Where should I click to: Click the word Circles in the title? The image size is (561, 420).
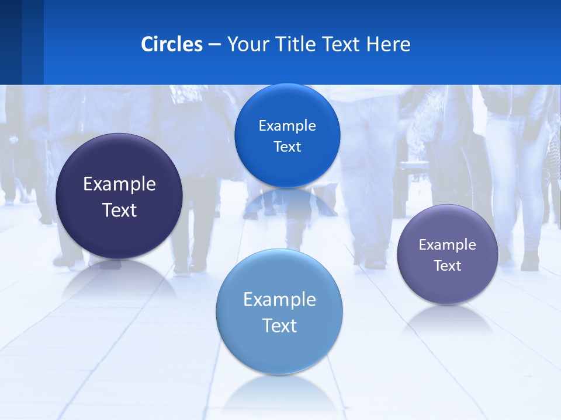[x=171, y=44]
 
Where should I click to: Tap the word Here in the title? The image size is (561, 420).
[x=388, y=44]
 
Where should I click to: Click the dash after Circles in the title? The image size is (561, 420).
[x=214, y=45]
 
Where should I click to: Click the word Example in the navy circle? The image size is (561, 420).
[x=119, y=184]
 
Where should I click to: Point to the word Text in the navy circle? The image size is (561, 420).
[x=119, y=210]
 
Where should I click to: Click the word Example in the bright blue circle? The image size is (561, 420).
[x=287, y=126]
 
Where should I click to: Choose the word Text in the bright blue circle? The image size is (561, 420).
[x=287, y=147]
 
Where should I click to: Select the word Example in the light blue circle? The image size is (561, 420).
[x=279, y=300]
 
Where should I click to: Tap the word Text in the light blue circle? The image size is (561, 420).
[x=279, y=325]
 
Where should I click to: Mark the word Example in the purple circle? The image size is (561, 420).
[x=447, y=245]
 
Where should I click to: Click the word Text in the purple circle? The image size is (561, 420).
[x=447, y=266]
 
